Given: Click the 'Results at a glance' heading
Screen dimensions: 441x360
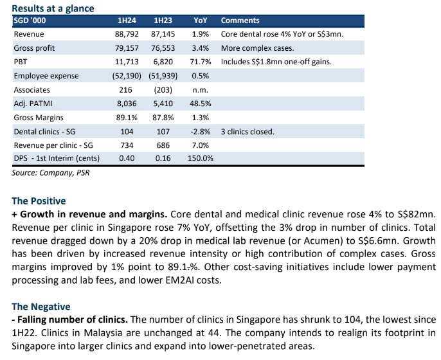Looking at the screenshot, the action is click(x=53, y=8).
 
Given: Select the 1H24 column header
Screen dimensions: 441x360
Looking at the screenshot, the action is click(x=127, y=21).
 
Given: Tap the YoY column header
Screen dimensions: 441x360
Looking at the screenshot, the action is click(x=201, y=21).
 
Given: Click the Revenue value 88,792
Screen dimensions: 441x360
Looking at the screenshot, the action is click(x=127, y=34).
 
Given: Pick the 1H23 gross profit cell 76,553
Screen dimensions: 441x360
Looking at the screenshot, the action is click(x=163, y=48).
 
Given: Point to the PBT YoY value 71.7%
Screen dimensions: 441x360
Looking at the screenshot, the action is click(x=201, y=62).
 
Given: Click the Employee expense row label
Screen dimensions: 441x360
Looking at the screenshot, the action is click(x=46, y=76).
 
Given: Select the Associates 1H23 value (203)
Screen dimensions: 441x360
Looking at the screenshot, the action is click(x=163, y=90).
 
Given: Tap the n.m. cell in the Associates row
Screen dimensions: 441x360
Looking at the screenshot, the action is click(x=201, y=90).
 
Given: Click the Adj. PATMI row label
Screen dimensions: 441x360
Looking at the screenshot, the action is click(x=33, y=104).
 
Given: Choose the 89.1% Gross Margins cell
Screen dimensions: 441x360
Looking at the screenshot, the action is click(x=127, y=118).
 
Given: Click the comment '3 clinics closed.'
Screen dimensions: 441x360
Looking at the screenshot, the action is click(x=248, y=132).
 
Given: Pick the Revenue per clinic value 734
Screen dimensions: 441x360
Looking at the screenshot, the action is click(x=127, y=145).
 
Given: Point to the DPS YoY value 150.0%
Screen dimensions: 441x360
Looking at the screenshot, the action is click(x=201, y=158).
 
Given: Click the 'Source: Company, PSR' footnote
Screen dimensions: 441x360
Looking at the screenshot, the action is click(x=51, y=173).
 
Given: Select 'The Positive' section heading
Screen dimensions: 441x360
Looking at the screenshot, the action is click(x=39, y=201).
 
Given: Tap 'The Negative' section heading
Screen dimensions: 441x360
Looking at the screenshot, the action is click(x=40, y=307).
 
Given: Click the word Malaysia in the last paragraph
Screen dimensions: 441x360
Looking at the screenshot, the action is click(x=104, y=333).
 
